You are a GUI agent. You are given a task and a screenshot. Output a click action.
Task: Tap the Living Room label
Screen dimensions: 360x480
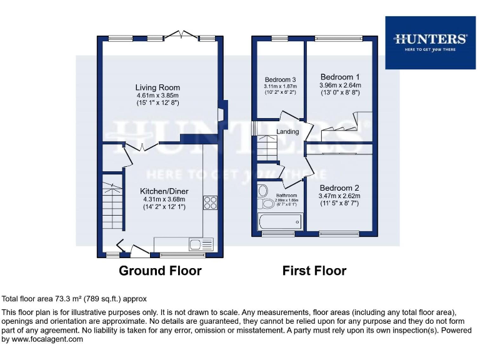157,87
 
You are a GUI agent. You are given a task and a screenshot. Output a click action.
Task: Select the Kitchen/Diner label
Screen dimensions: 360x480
164,191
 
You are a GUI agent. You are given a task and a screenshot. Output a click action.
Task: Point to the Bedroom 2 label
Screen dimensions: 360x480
339,187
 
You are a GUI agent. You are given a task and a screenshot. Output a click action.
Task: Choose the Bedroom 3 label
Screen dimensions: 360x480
280,80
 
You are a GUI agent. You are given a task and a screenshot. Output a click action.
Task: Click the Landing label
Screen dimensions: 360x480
288,132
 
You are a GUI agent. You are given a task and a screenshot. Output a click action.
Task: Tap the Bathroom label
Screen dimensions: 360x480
286,195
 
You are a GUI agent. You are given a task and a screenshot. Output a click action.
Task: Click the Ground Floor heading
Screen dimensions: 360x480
160,271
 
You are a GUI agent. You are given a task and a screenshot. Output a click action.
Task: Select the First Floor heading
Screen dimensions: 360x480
314,271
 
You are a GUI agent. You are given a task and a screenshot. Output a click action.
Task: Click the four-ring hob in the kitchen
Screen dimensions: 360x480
210,202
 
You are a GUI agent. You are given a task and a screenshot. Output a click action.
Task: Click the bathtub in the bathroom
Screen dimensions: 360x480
279,221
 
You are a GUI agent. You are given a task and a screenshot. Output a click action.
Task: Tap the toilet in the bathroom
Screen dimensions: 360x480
266,203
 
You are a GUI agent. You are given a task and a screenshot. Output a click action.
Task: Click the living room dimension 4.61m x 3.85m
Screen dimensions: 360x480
157,95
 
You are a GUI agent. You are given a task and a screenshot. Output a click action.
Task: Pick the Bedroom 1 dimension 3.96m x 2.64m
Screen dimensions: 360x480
340,85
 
